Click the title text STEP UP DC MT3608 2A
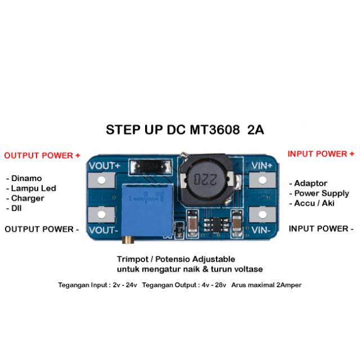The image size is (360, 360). point(185,130)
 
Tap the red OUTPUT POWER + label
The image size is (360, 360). point(42,155)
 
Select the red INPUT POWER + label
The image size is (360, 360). point(321,154)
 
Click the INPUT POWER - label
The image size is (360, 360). point(321,229)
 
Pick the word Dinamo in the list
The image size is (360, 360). point(25,178)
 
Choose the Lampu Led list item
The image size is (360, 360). point(33,188)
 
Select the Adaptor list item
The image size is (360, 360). point(310,183)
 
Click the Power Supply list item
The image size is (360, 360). point(321,193)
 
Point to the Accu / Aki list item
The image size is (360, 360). point(314,203)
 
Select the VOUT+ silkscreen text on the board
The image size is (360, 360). point(103,166)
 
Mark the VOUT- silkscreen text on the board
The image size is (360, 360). point(103,230)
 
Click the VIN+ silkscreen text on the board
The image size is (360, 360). point(262,165)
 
